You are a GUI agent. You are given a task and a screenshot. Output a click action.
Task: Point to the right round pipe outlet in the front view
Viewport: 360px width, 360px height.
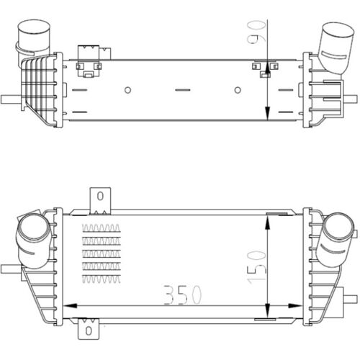pos(337,234)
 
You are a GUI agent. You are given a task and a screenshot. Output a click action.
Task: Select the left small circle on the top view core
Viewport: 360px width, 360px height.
pos(127,90)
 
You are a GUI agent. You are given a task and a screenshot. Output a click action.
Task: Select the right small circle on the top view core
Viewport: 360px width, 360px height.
pos(238,90)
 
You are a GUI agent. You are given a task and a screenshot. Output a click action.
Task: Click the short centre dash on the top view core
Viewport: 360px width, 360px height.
pos(182,90)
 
